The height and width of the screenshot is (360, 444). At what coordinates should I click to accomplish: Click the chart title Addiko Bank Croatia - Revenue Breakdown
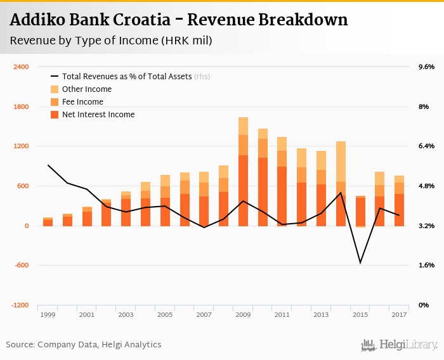point(179,20)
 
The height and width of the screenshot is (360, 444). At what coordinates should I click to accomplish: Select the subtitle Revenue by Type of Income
point(111,41)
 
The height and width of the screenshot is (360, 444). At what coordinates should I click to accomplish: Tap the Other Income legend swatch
point(55,89)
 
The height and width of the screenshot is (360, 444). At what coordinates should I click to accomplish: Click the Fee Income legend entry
point(82,102)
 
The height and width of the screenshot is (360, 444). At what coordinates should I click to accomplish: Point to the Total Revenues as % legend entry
point(136,77)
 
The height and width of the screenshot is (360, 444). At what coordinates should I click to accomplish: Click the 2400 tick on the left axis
point(21,67)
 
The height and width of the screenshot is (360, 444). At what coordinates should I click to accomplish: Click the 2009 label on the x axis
point(243,315)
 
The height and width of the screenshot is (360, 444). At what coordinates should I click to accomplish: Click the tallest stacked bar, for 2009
point(243,171)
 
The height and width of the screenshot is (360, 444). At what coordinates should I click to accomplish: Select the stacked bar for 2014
point(341,184)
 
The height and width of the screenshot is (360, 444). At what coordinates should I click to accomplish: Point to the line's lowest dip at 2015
point(360,262)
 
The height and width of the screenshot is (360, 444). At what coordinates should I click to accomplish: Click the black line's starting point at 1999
point(48,165)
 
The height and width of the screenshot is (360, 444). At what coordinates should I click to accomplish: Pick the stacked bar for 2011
point(282,181)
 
